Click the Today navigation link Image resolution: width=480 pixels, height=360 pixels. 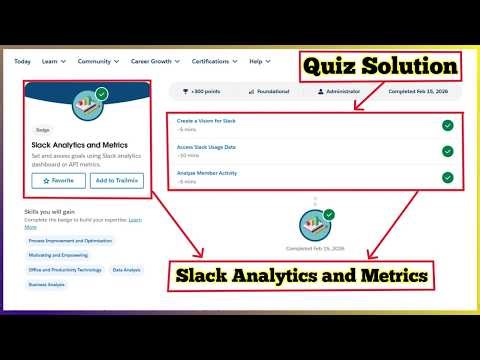[22, 62]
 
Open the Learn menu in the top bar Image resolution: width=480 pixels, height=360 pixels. [50, 62]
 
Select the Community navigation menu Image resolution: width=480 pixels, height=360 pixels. [95, 62]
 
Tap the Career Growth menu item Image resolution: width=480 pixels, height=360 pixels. [150, 62]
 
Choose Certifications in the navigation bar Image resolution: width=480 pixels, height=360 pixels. [212, 62]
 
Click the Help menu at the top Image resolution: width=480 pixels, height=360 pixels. [257, 62]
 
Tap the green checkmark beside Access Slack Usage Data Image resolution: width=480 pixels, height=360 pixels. [447, 151]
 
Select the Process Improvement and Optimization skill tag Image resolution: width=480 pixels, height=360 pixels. [70, 240]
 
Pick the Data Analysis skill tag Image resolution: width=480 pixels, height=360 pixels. [126, 269]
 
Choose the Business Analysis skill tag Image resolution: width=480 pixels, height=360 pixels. [46, 284]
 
